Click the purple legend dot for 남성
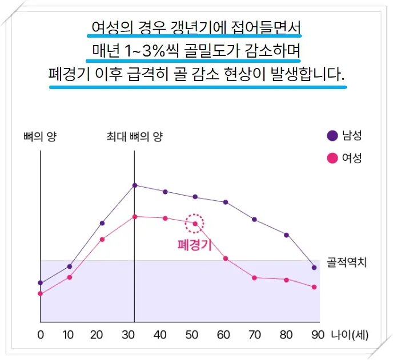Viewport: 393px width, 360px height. click(332, 136)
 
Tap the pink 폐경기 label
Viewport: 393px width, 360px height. click(195, 245)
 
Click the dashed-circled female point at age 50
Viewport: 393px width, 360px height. click(195, 224)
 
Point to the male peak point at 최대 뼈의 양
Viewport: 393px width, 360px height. click(135, 185)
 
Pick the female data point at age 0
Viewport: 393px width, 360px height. click(40, 294)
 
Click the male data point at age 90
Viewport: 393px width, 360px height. click(314, 267)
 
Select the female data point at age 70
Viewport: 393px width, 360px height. click(254, 277)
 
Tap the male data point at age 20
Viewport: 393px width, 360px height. click(102, 223)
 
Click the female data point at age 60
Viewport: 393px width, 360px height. click(226, 258)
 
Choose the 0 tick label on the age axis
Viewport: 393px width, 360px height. click(40, 334)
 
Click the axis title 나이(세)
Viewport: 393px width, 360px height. click(350, 334)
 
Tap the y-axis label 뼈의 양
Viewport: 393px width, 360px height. click(39, 136)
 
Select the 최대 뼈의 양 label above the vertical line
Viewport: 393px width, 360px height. click(135, 136)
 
